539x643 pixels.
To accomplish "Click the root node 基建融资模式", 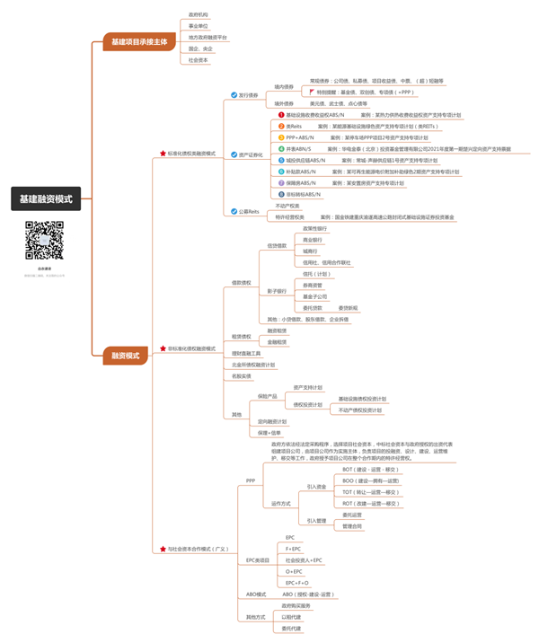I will tap(46, 198).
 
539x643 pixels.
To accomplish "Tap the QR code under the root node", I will tap(44, 240).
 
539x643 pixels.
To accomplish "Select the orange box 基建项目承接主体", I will tap(138, 41).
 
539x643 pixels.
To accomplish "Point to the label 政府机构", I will tap(198, 15).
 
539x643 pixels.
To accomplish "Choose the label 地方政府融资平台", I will tap(208, 38).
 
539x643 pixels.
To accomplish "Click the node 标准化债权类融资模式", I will tap(191, 154).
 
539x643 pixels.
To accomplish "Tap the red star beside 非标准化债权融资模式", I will tap(162, 348).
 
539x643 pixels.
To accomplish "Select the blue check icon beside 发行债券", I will tap(234, 94).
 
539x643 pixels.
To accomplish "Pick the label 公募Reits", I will tap(249, 211).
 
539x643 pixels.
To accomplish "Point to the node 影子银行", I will tap(277, 291).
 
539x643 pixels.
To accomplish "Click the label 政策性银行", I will tap(315, 229).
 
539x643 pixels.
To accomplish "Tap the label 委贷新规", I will tap(348, 308).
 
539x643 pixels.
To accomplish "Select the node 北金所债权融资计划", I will tap(253, 365).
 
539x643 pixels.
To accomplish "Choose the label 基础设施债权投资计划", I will tap(362, 399).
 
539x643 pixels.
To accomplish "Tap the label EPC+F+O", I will tap(297, 583).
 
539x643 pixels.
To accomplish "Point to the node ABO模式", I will tap(256, 595).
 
